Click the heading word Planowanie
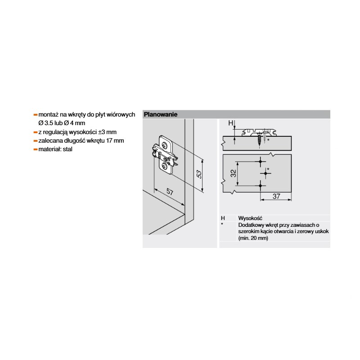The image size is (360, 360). coord(161,114)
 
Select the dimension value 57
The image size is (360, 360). coord(170,192)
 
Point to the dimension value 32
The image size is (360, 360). coord(233,173)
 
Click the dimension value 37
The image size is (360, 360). coord(276,196)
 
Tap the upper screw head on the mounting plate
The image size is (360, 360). coord(165,144)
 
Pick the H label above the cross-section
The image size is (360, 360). coord(230,123)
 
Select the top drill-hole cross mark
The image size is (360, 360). coord(261,162)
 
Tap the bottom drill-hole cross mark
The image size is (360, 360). coord(261,185)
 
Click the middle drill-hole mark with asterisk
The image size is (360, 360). coord(265,173)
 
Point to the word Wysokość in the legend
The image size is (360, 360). coord(250,218)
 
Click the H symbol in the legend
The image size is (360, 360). coord(223,218)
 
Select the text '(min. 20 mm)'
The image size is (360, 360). coord(253,238)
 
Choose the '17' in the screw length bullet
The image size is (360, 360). coord(109,140)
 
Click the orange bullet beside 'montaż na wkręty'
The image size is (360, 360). coord(36,115)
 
